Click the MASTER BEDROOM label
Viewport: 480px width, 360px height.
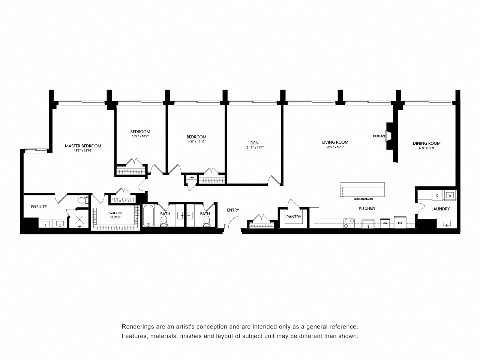click(x=83, y=146)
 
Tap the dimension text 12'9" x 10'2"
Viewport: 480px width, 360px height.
click(x=140, y=136)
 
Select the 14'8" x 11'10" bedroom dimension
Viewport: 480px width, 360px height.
click(x=196, y=142)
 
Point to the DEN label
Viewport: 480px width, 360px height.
click(x=254, y=143)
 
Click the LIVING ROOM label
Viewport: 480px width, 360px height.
click(x=335, y=142)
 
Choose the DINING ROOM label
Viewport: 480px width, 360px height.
click(x=426, y=143)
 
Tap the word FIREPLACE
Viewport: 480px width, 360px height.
click(x=379, y=136)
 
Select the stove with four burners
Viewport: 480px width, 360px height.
click(x=349, y=223)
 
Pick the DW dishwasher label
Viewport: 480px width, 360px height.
click(x=384, y=223)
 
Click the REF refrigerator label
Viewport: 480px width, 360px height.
click(x=400, y=223)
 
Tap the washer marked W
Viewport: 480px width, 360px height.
click(x=449, y=195)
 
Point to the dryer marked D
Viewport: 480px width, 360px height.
click(x=437, y=195)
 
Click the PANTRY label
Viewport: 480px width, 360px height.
click(x=294, y=217)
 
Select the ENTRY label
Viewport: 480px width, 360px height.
click(x=233, y=210)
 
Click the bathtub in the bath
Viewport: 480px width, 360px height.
click(x=149, y=216)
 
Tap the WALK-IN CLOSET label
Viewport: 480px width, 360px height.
click(x=115, y=215)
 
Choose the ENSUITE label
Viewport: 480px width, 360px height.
click(x=39, y=207)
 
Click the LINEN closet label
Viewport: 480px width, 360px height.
click(x=191, y=177)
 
